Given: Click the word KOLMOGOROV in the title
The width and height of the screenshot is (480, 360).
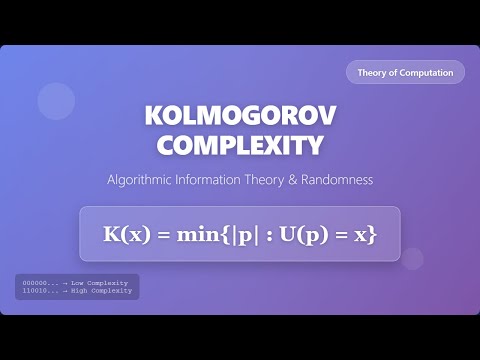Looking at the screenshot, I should pos(240,116).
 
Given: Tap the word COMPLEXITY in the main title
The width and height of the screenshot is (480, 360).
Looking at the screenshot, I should pos(240,145).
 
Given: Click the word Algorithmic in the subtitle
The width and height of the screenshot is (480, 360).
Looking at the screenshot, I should pos(141,180).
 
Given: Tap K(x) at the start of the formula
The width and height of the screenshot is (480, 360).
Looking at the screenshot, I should pos(127,234).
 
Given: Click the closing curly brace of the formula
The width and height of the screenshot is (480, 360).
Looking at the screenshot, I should pos(370,234).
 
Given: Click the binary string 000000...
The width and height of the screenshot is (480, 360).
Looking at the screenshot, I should pos(34,283).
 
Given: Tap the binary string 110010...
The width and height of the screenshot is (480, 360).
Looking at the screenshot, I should pos(34,291).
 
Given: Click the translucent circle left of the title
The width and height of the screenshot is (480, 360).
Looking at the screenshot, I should pos(57,101).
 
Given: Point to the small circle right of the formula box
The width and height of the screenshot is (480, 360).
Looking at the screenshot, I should pos(412,258).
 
